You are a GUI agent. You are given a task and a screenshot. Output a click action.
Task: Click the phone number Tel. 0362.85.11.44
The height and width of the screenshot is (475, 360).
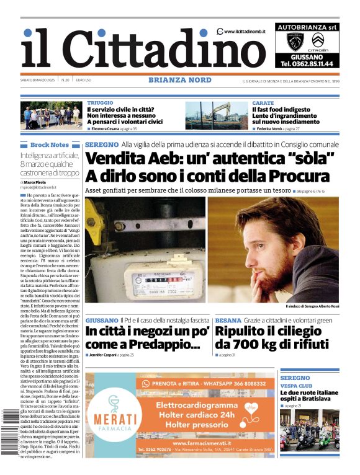(307, 63)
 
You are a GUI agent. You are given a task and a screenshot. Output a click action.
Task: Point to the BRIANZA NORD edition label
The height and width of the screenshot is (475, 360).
(180, 80)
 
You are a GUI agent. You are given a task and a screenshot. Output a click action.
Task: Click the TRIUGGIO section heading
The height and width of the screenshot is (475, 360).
(100, 103)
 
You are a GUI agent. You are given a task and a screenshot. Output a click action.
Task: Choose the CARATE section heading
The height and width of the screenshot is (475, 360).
(263, 103)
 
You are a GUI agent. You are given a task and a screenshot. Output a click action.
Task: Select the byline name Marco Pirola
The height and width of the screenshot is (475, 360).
(37, 182)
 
